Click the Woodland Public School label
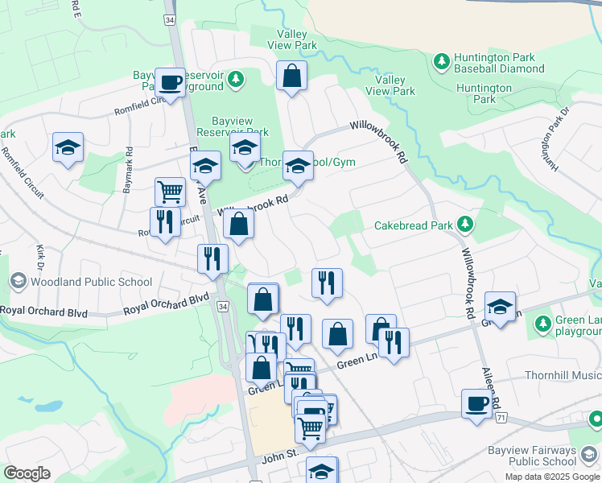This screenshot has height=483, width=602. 90,282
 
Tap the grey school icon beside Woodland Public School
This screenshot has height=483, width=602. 18,281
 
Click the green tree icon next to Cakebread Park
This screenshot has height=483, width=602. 464,223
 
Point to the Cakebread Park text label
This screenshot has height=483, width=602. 414,225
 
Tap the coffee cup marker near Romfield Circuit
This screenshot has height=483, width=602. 170,82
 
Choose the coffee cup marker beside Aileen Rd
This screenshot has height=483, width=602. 476,403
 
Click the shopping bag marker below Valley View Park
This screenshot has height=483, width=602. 291,77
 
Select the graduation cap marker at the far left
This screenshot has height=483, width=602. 68,147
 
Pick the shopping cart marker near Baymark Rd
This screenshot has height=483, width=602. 170,192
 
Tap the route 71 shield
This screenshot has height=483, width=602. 501,419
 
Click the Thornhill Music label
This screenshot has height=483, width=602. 563,375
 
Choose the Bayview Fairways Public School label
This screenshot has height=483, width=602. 531,456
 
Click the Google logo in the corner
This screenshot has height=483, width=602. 27,473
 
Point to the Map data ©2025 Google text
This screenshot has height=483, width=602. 551,477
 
